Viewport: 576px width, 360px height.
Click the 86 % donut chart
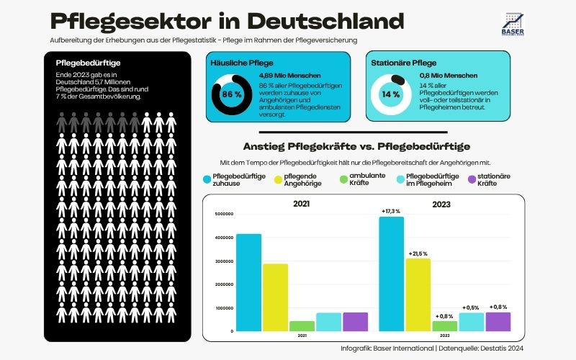231,95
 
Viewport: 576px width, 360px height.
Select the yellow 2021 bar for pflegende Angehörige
275,297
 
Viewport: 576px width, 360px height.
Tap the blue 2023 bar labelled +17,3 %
392,274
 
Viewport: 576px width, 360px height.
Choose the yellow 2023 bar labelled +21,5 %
418,294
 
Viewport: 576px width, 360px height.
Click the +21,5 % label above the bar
418,254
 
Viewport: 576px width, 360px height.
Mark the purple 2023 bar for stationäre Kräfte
498,322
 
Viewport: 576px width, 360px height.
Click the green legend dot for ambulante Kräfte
343,178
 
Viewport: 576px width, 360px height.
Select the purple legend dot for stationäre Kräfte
472,178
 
